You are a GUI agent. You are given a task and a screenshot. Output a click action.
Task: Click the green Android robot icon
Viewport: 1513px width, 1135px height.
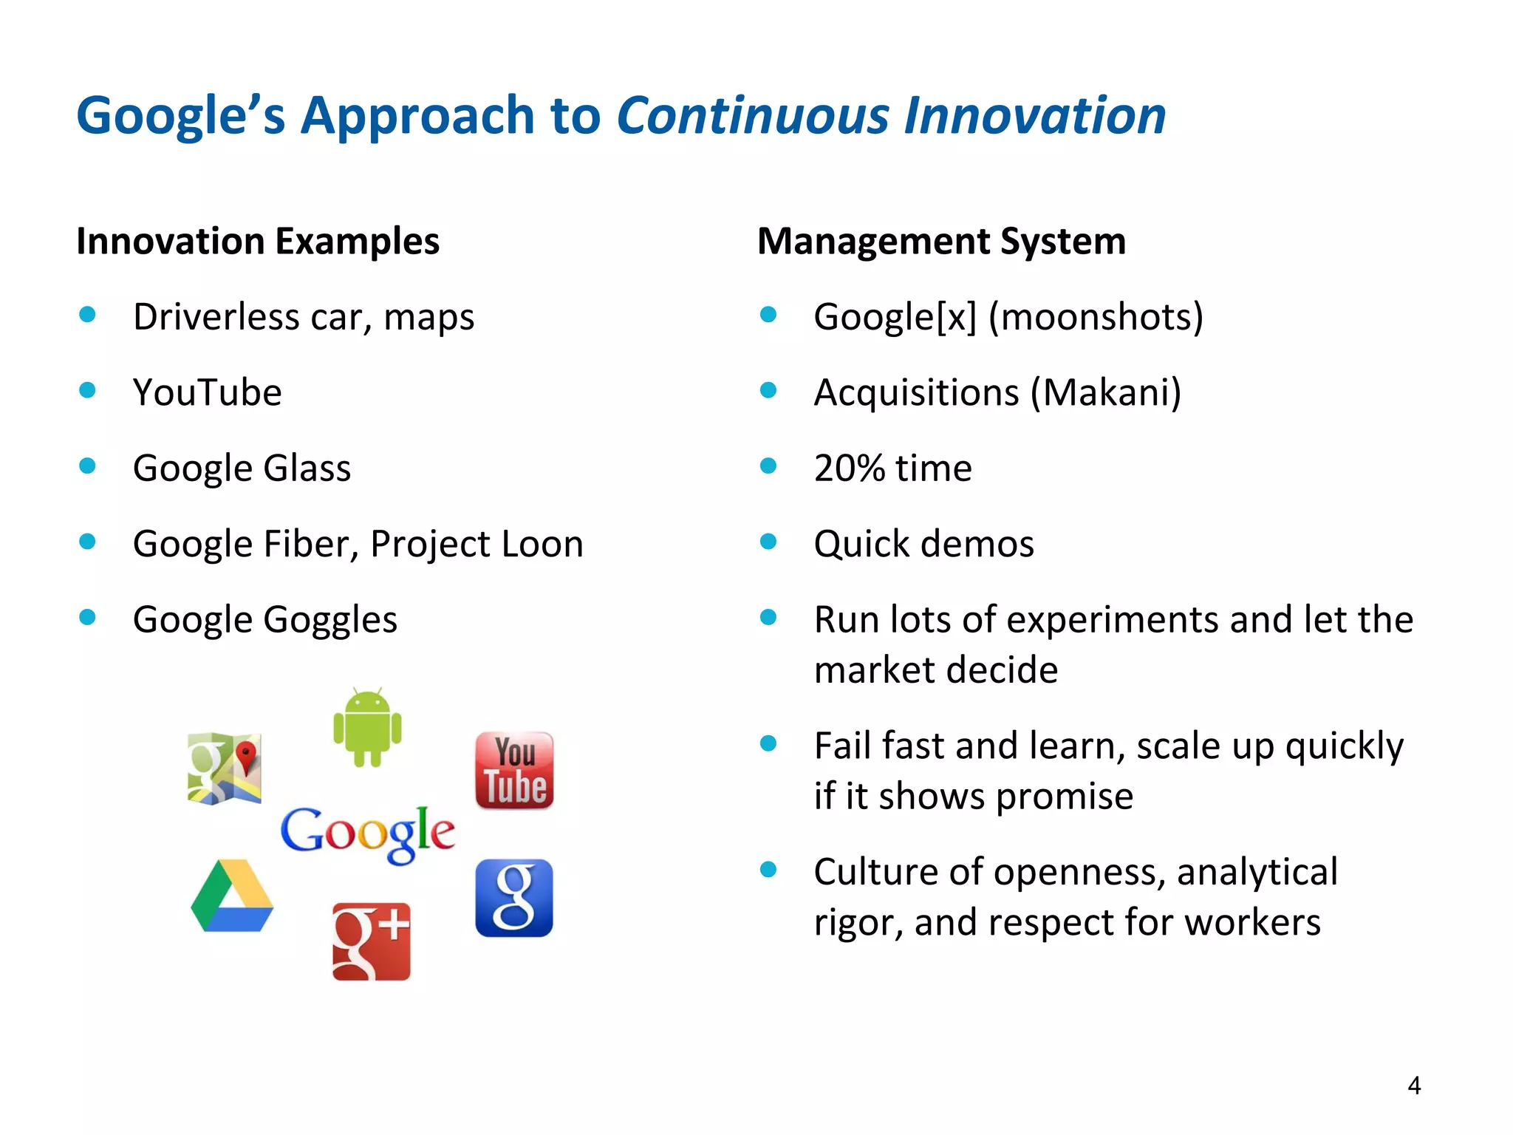click(x=367, y=728)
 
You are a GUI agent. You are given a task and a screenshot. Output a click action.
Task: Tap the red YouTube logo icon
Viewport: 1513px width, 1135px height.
click(x=515, y=771)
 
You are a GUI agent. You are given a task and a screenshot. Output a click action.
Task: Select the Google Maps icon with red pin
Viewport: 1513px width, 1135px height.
click(x=225, y=768)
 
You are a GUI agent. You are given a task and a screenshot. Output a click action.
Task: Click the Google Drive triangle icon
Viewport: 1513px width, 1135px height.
click(x=232, y=896)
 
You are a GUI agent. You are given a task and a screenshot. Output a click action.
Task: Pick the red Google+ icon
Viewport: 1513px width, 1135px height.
click(x=371, y=941)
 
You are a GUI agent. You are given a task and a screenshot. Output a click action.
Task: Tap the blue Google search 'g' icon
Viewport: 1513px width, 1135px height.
click(x=514, y=898)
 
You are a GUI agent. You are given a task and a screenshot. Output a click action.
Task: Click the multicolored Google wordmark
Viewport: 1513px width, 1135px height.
click(x=367, y=834)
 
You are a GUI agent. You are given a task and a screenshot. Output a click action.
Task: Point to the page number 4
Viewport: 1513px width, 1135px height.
click(x=1414, y=1085)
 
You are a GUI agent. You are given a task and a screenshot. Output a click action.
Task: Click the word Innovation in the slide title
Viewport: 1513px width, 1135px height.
click(x=1035, y=116)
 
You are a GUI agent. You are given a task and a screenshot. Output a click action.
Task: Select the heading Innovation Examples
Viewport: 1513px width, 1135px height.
click(x=258, y=242)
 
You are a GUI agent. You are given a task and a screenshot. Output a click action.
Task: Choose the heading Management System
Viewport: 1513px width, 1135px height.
click(x=941, y=242)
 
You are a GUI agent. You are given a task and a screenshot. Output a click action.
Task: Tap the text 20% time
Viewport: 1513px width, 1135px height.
click(x=892, y=468)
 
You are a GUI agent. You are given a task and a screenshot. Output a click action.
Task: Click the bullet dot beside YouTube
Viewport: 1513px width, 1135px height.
click(x=88, y=390)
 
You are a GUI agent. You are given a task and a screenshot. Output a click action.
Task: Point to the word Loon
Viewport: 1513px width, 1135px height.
click(x=542, y=545)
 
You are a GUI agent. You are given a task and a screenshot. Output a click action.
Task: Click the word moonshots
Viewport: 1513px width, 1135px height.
click(x=1096, y=317)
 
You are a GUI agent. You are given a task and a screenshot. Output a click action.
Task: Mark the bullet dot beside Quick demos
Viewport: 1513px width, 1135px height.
click(x=768, y=542)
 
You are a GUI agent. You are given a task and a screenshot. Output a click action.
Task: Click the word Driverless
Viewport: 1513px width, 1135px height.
click(x=216, y=317)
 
